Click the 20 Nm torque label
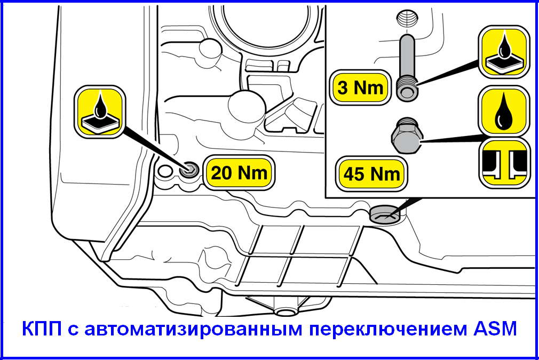(x=239, y=172)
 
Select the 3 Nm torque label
(x=360, y=87)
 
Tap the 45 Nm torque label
(x=371, y=174)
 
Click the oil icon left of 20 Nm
(x=100, y=111)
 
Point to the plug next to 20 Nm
(x=189, y=170)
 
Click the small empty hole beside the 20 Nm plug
(x=165, y=171)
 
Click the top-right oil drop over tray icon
(x=504, y=52)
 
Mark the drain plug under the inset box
(x=385, y=214)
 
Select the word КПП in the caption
(x=42, y=329)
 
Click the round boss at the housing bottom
(x=286, y=311)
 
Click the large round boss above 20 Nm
(x=246, y=108)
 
